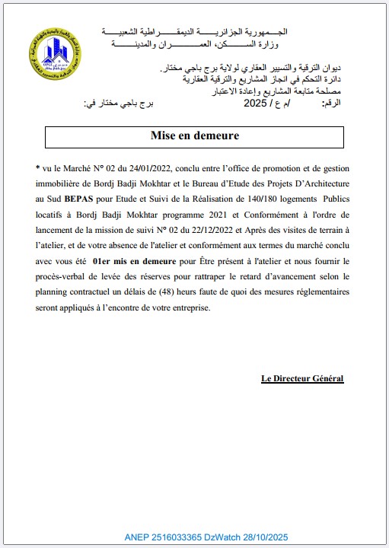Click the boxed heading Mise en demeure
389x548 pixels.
click(194, 136)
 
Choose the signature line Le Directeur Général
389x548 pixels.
click(302, 378)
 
